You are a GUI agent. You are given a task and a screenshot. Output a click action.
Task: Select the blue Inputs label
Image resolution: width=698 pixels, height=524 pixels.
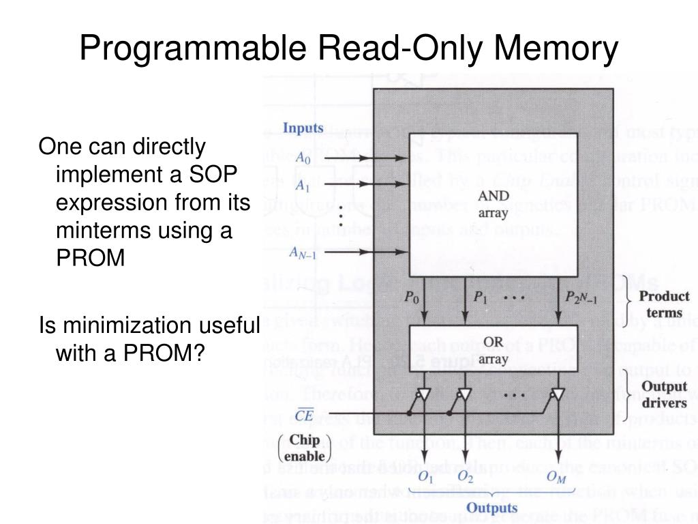[303, 128]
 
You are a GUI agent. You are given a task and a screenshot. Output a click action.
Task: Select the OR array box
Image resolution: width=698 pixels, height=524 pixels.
[493, 348]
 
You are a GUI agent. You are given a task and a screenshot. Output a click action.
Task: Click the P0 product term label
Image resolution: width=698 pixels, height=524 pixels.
[410, 297]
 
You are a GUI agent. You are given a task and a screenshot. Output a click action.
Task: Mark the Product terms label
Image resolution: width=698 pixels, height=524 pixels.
[663, 305]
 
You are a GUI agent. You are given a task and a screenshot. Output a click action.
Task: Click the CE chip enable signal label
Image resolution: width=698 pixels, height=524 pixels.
[303, 413]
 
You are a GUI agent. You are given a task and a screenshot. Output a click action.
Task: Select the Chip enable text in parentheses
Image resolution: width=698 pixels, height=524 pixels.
[305, 448]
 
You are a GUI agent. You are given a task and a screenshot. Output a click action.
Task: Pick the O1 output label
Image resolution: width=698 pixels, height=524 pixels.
[426, 476]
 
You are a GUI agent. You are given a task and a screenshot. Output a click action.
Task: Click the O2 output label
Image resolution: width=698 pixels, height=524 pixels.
[466, 476]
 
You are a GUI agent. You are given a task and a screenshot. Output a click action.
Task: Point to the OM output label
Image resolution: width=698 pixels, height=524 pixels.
[556, 477]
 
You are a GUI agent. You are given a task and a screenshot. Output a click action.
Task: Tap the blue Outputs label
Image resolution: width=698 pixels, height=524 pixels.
[491, 508]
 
